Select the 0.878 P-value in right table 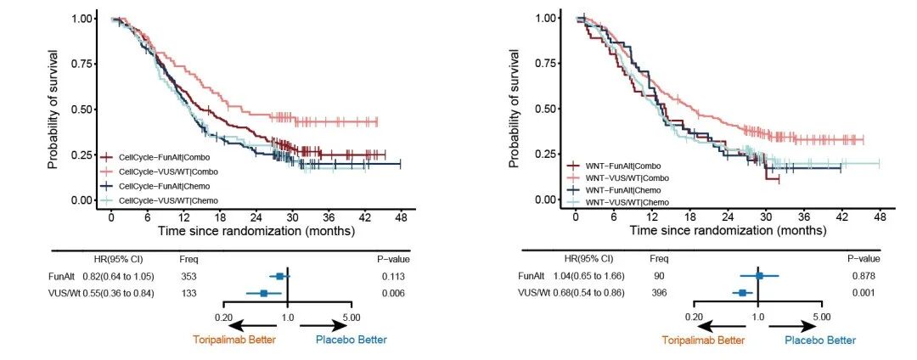[x=864, y=276]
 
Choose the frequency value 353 [x=189, y=276]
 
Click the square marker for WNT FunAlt [x=760, y=276]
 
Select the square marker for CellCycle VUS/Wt [x=264, y=293]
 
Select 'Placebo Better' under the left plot [x=351, y=340]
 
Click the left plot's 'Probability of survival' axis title [x=53, y=109]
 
